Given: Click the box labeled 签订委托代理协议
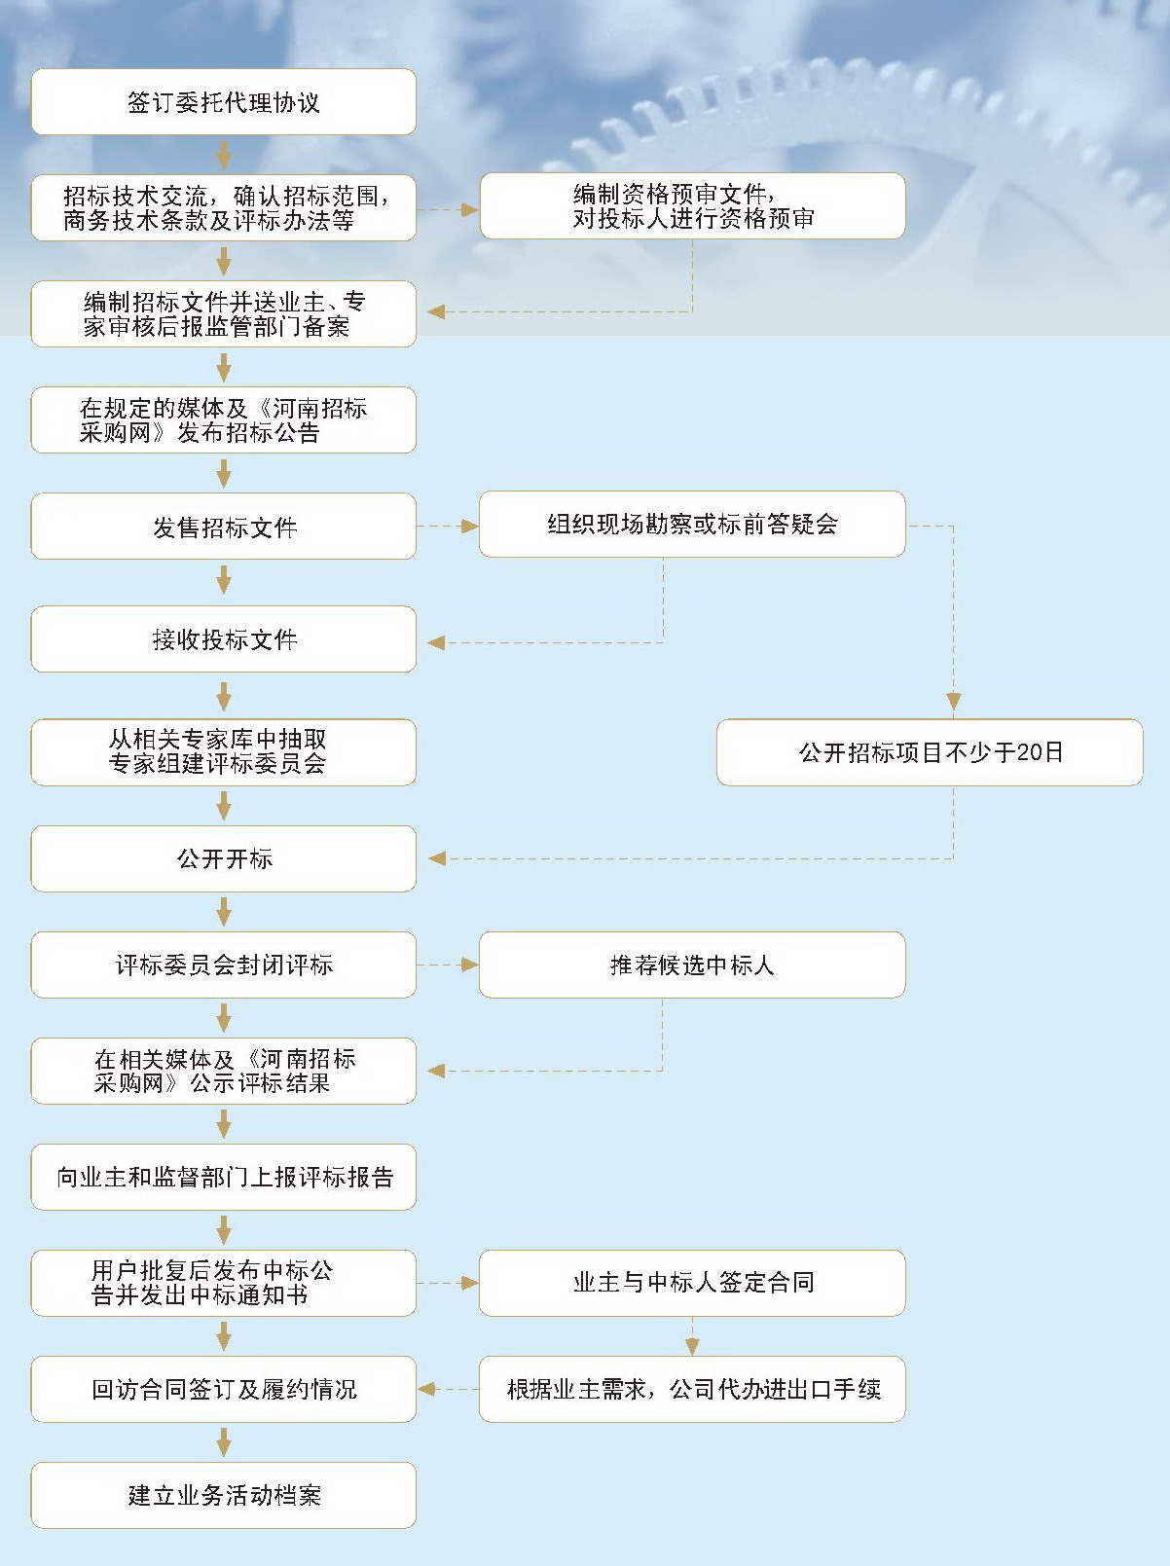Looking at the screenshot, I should point(223,102).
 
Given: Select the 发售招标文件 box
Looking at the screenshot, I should point(223,527).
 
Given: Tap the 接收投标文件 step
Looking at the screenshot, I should point(223,639).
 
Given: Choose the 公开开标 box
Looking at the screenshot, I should point(223,858).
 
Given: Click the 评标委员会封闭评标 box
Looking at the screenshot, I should point(223,965).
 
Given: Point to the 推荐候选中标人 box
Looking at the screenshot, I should point(691,965).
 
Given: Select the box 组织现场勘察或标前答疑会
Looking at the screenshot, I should point(691,525).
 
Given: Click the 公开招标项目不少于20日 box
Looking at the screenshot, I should point(930,752).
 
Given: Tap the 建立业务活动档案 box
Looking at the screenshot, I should point(223,1495).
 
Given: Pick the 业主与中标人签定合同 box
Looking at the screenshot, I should point(691,1283).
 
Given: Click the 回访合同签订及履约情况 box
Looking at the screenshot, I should point(223,1389).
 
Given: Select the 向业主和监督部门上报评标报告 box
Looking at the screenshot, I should point(223,1177).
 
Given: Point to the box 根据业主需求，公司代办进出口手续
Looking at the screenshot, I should point(691,1389).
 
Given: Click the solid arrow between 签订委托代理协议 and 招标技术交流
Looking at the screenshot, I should point(224,155).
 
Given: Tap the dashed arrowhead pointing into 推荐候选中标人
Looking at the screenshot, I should point(469,965).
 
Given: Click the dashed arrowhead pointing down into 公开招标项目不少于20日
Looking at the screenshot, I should point(953,701).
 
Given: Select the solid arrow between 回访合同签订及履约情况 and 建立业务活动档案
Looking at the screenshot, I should point(224,1441).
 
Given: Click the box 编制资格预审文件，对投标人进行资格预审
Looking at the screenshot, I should point(691,206).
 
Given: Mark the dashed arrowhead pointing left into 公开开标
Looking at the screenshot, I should point(437,858).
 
